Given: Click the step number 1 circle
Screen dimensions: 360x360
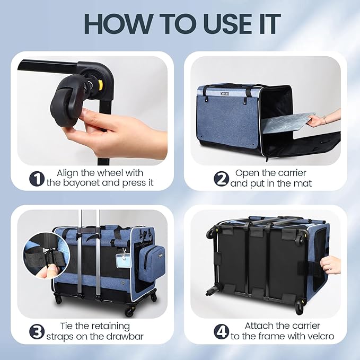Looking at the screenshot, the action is [37, 179].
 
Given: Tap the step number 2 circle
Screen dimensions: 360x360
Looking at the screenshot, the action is [221, 179].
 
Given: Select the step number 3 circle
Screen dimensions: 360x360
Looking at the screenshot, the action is [37, 332].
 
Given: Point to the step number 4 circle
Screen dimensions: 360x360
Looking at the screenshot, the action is [221, 332].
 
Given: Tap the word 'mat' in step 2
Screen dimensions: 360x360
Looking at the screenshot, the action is [302, 183].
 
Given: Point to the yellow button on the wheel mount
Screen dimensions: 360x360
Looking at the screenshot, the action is [100, 85].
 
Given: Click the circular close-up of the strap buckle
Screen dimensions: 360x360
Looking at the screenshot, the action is [46, 256].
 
